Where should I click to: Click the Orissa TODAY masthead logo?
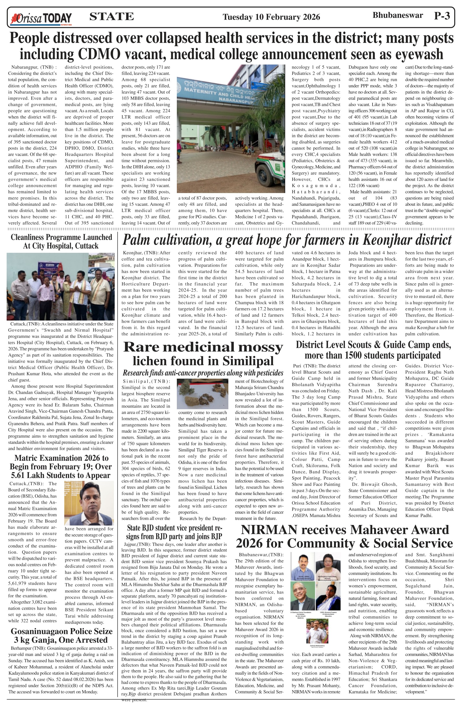pos(41,18)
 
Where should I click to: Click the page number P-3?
pos(442,16)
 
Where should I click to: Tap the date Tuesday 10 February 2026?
pos(271,17)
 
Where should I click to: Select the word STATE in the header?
pos(111,16)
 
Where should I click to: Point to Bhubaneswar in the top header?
pos(397,15)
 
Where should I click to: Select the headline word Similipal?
pos(248,361)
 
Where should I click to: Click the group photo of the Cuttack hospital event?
pos(61,287)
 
